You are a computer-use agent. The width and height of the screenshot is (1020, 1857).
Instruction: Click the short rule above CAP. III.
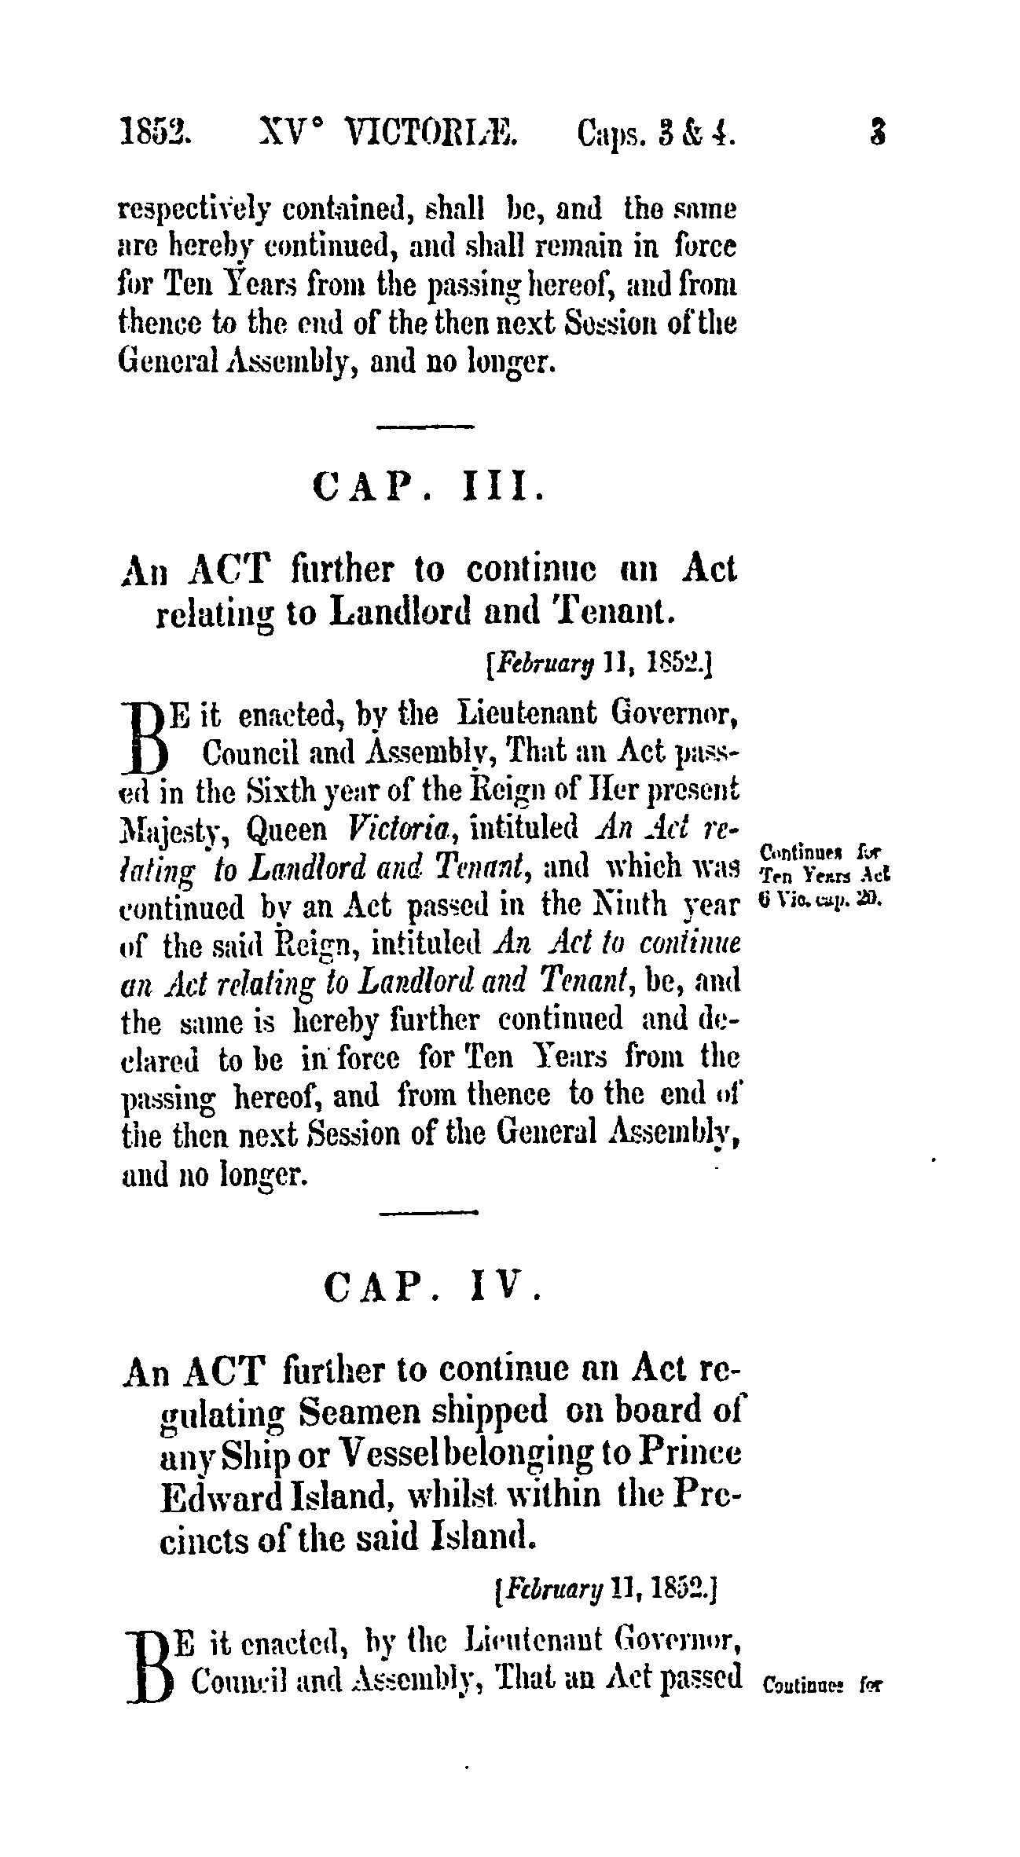click(x=426, y=427)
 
